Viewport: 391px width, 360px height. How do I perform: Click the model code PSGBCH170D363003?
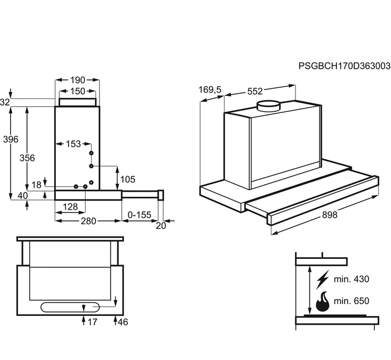pos(345,66)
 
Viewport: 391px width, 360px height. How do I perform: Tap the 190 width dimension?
pos(78,80)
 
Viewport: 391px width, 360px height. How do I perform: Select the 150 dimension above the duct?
pos(78,91)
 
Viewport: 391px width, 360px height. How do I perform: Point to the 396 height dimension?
pos(11,139)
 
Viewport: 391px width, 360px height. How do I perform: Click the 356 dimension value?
pos(27,158)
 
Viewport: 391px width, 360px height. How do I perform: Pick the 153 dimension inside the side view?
pos(73,144)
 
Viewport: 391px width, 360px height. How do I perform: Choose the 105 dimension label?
pos(128,179)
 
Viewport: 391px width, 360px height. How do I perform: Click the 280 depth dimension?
pos(88,221)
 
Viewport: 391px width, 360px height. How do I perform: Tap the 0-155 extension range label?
pos(140,215)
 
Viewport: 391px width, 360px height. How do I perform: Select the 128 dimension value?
pos(70,207)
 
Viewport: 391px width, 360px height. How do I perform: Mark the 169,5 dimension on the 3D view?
pos(210,90)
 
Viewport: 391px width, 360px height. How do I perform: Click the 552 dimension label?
pos(255,91)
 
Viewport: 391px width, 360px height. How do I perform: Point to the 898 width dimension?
pos(330,215)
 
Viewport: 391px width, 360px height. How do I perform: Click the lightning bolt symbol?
pos(322,280)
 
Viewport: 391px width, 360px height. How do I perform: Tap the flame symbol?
pos(322,301)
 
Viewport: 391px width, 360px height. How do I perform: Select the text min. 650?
pos(351,301)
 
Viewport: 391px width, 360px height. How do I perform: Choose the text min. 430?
pos(351,279)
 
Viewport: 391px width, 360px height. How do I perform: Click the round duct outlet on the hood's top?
pos(269,106)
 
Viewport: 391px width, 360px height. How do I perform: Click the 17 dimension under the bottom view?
pos(92,322)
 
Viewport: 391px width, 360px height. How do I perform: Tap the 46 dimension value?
pos(123,322)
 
